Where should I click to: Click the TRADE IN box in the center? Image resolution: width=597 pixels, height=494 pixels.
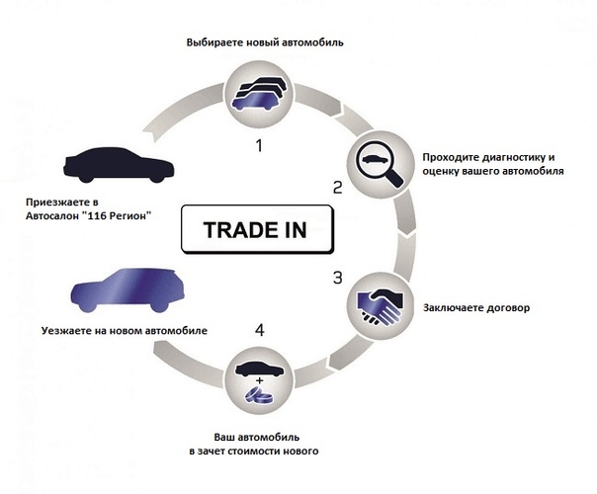pos(255,229)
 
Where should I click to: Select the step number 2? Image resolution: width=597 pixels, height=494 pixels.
pos(337,187)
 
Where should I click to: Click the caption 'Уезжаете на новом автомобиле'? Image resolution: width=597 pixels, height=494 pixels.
pos(125,330)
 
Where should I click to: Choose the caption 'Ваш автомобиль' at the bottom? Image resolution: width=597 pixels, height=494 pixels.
pos(258,436)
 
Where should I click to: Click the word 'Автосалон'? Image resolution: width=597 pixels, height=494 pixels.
pos(56,214)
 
